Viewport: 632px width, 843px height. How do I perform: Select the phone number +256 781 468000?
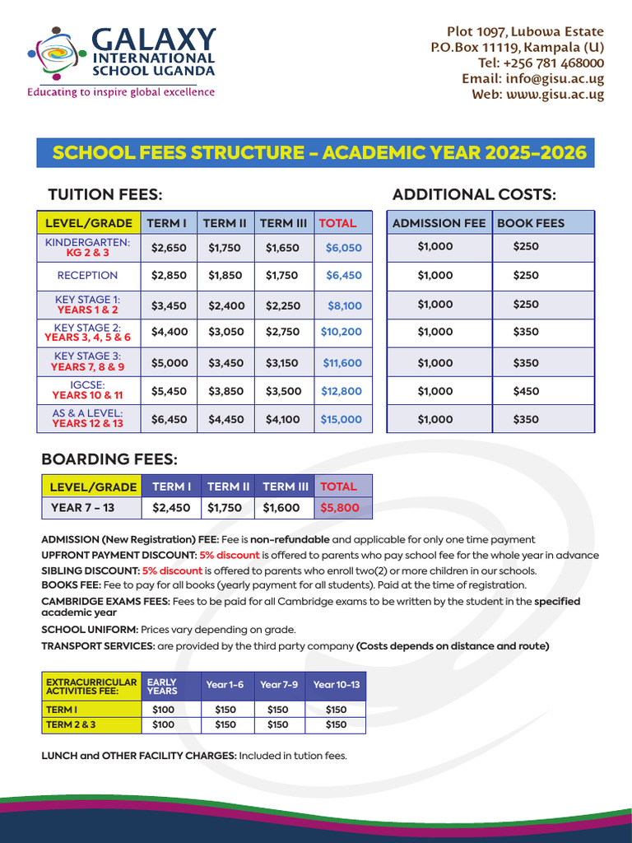click(x=541, y=63)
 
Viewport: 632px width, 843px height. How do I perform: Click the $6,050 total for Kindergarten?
click(x=343, y=248)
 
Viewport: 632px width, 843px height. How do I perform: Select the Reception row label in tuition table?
click(x=87, y=276)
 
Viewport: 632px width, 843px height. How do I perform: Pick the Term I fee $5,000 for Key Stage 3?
click(x=169, y=363)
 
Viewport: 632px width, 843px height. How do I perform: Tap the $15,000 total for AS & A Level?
click(x=341, y=419)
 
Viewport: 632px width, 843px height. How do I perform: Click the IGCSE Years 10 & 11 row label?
click(x=87, y=390)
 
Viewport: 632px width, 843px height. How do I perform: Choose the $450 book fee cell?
click(x=526, y=391)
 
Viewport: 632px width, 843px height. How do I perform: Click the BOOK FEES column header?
click(x=532, y=223)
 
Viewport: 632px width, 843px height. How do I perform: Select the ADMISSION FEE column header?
click(x=439, y=223)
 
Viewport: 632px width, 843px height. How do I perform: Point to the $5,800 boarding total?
click(x=340, y=508)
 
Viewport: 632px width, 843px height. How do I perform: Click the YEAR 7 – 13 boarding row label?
click(x=82, y=508)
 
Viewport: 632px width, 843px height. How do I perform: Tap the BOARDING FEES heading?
click(x=109, y=459)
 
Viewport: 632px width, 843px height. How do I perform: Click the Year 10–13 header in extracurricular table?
click(x=336, y=685)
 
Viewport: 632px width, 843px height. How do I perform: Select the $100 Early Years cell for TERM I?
click(x=164, y=710)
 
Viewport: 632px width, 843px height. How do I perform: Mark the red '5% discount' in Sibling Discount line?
click(x=172, y=571)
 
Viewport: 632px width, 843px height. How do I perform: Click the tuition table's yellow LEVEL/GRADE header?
click(x=88, y=223)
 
